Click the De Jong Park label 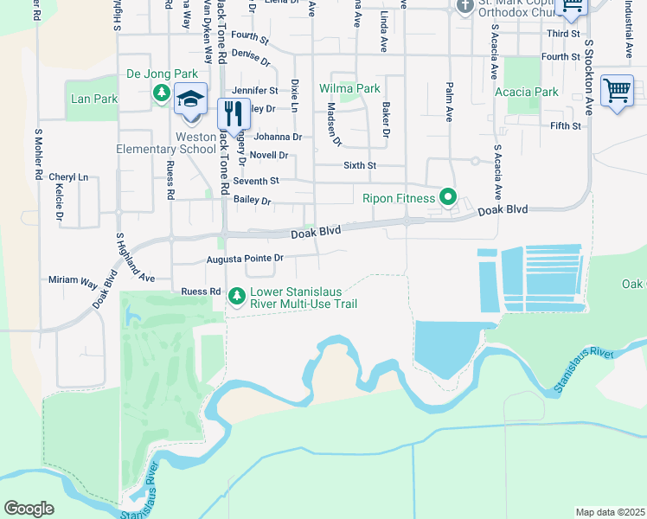coord(163,74)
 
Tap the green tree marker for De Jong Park coord(161,93)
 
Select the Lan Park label coord(93,99)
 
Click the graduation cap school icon coord(190,99)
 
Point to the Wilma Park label coord(349,88)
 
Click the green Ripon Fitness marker coord(447,198)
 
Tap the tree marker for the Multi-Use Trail coord(237,297)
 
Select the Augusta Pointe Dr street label coord(245,258)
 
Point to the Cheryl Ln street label coord(68,176)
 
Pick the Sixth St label coord(360,164)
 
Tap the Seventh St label coord(262,181)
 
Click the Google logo coord(29,509)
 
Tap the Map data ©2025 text coord(610,512)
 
